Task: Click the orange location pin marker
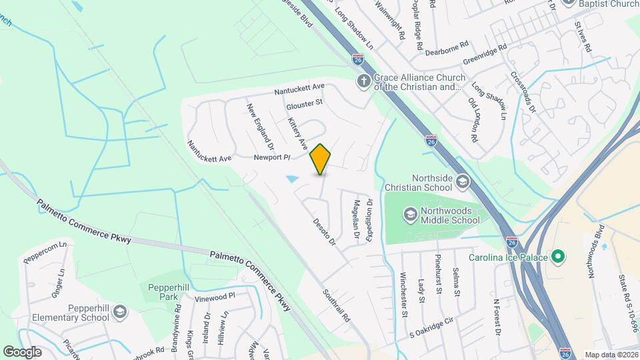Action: click(321, 159)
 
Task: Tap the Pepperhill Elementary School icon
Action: click(119, 312)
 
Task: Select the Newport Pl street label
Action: click(272, 158)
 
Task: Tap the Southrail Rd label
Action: click(337, 305)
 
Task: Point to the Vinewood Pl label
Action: click(215, 296)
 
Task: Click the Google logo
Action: click(22, 351)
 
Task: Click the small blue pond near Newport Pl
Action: click(292, 179)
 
